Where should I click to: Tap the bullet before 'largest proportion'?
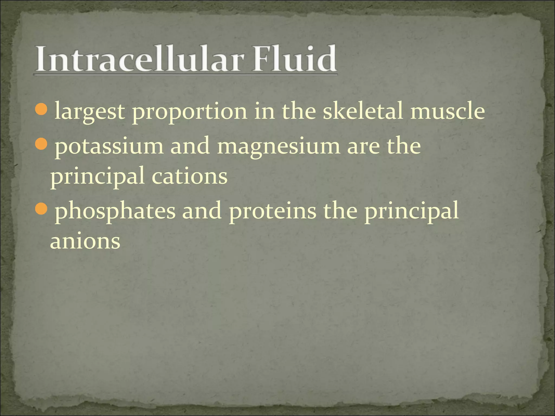41,108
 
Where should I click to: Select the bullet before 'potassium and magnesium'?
41,144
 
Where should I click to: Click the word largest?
89,112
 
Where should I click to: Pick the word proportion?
189,112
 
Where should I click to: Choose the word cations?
189,176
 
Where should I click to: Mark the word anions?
85,241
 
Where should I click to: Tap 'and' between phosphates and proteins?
202,211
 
